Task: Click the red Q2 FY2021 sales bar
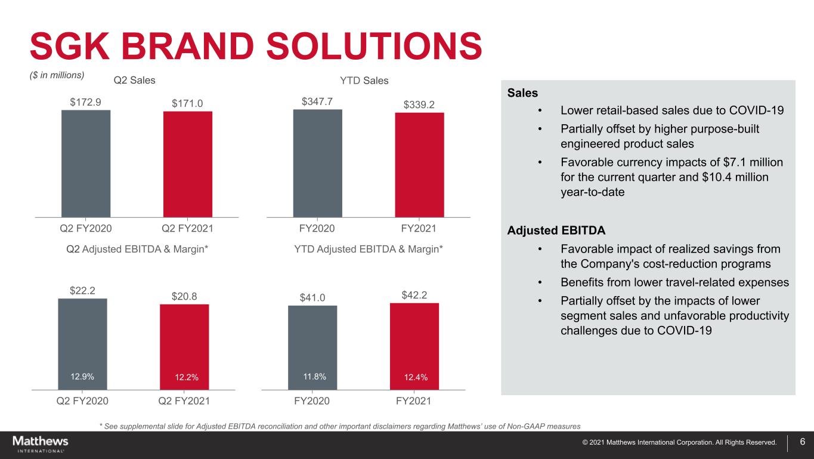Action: tap(187, 164)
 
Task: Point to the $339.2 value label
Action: tap(419, 104)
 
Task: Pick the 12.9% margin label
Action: tap(82, 377)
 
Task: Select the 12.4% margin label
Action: tap(414, 377)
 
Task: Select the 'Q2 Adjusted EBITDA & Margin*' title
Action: tap(137, 248)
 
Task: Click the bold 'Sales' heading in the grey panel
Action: tap(522, 93)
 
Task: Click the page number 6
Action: tap(803, 442)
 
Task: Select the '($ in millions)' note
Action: tap(58, 75)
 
